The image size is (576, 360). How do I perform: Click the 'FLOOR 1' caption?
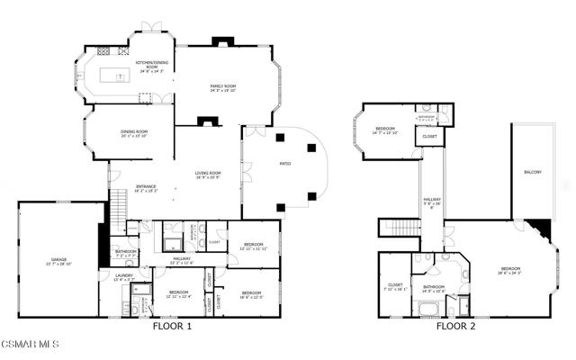point(173,326)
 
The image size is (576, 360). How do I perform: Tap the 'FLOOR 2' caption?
point(455,326)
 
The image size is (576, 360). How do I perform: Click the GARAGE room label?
point(59,261)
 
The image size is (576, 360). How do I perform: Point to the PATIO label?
point(285,164)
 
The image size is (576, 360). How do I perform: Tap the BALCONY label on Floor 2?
point(533,172)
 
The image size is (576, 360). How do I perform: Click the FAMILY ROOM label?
point(223,87)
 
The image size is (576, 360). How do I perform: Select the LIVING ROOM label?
point(208,175)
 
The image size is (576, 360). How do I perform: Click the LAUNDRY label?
point(124,277)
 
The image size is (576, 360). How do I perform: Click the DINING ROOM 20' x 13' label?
point(134,133)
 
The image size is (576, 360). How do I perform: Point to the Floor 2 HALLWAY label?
point(433,202)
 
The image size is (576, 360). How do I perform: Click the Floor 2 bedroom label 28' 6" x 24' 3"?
point(510,270)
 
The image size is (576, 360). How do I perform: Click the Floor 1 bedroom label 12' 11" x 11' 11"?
point(253,246)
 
